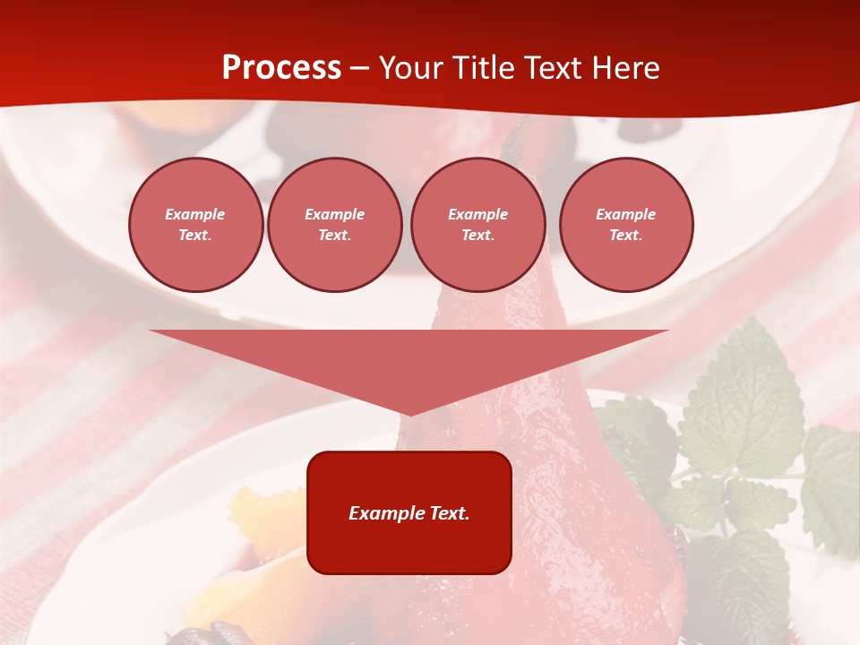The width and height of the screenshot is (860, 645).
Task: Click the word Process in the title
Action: [281, 68]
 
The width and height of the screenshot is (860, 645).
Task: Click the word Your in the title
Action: [413, 68]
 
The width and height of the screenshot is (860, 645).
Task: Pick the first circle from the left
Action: [196, 225]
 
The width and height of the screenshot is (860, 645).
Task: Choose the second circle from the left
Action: [335, 225]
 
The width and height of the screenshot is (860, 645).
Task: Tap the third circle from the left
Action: [478, 225]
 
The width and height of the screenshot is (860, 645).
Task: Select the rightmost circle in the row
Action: [626, 225]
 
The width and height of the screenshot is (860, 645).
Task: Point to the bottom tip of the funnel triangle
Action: [409, 414]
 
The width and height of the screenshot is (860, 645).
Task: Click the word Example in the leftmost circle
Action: [195, 214]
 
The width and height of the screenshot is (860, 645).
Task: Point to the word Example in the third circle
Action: [478, 214]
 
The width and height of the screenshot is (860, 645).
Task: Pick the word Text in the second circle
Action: [333, 236]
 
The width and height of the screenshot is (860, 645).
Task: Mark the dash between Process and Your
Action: [360, 68]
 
